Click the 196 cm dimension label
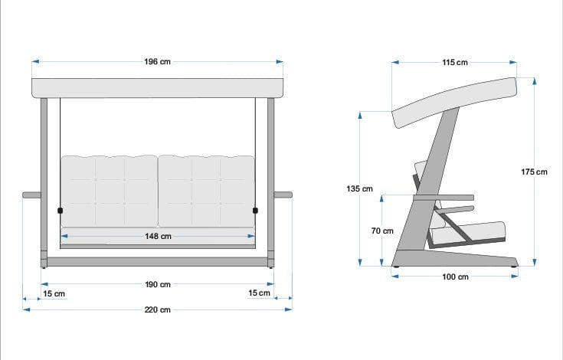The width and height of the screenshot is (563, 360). (157, 62)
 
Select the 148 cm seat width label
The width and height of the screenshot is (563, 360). (157, 237)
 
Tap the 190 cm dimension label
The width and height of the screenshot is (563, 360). (157, 285)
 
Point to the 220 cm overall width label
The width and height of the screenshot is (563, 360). (157, 310)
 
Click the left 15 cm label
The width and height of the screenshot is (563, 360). (54, 293)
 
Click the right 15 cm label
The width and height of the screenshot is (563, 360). (260, 293)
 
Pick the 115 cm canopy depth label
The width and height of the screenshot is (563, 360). (455, 63)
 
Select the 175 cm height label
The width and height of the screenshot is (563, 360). (534, 172)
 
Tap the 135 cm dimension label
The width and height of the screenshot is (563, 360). (359, 188)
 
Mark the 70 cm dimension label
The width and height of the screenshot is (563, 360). (382, 231)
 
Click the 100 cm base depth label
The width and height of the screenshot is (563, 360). (455, 277)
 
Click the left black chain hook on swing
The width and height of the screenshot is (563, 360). (60, 210)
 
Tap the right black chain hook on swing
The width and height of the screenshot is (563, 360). (255, 210)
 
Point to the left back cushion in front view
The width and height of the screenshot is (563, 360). (109, 191)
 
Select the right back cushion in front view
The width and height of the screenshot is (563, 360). (207, 191)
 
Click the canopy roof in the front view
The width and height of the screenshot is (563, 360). (157, 87)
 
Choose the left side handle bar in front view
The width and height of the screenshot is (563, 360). (31, 195)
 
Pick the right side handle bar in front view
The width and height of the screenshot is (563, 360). (283, 195)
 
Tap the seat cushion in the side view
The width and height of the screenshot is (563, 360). (471, 232)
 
